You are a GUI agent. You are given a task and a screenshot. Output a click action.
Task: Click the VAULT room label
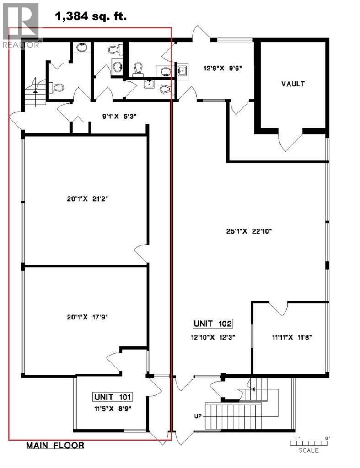293,84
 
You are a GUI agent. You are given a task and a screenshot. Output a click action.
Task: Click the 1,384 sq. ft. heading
91,17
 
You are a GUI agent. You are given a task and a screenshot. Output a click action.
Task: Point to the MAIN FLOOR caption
54,445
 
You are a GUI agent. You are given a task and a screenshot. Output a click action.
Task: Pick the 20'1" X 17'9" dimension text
86,316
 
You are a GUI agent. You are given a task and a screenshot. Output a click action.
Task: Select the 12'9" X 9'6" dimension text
222,69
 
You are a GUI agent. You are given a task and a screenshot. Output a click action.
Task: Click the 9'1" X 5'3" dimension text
119,116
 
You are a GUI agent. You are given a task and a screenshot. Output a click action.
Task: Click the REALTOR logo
21,26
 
